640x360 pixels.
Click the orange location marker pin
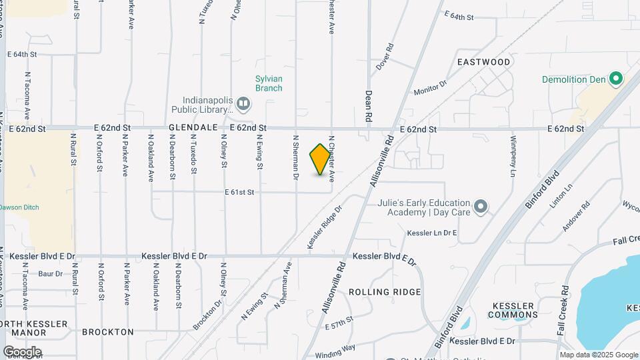321,159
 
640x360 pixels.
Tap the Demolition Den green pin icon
616,79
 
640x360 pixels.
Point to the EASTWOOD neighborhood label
484,62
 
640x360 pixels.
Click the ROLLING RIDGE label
385,292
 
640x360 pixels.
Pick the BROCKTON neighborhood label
108,331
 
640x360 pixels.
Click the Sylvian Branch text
269,83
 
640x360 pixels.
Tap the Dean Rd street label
368,106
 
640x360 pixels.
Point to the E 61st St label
240,192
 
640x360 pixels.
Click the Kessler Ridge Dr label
325,227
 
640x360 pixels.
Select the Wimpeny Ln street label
513,157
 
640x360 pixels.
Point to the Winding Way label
336,347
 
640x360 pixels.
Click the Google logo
22,352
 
